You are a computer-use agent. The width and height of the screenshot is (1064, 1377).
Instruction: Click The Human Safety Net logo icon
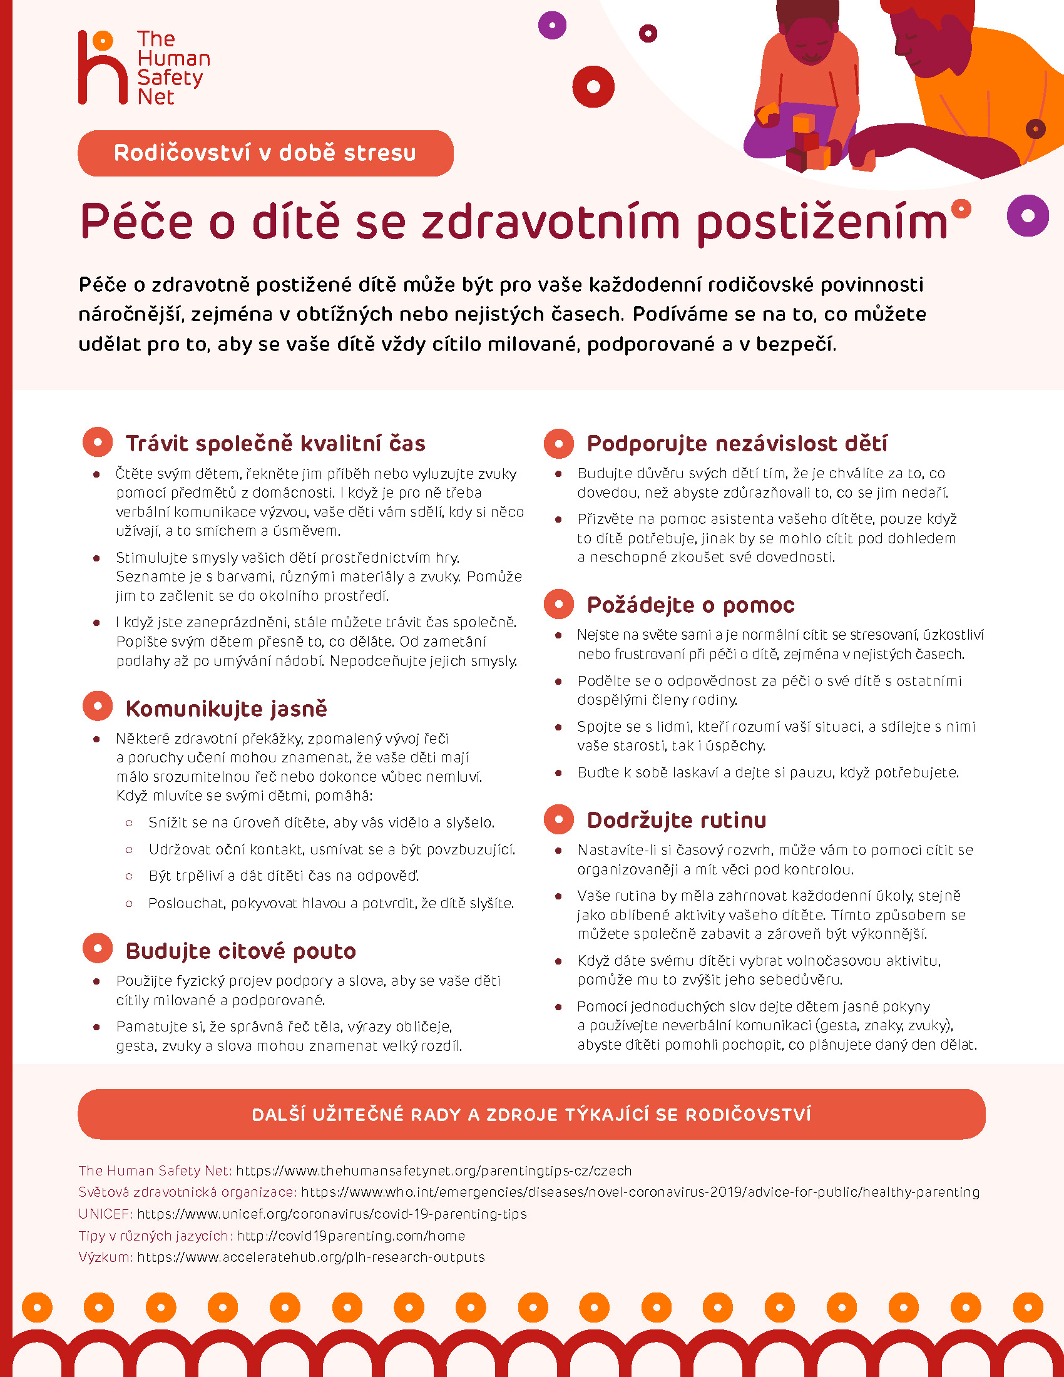[102, 68]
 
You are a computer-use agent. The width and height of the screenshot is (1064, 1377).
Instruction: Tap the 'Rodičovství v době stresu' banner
[265, 153]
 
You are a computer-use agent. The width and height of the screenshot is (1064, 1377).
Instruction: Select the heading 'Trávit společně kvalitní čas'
[275, 443]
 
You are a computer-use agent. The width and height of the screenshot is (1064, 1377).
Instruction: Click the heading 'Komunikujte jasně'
[227, 708]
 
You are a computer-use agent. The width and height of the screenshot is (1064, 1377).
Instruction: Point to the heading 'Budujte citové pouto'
[241, 950]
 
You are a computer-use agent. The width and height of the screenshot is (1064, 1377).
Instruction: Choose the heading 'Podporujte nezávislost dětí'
[737, 443]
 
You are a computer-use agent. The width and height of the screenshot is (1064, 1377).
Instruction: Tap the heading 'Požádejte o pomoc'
[690, 605]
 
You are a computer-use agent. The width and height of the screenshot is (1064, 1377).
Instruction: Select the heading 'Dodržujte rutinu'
[677, 820]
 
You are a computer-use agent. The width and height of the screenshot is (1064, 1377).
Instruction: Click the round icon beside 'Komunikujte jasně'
[98, 706]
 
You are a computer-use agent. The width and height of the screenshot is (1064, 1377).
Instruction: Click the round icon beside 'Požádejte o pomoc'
[558, 604]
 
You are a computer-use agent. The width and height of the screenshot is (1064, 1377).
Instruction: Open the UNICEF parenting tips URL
[332, 1214]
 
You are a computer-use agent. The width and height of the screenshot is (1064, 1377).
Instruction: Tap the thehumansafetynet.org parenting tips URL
[434, 1171]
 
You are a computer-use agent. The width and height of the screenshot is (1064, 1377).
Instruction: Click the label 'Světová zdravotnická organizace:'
[187, 1192]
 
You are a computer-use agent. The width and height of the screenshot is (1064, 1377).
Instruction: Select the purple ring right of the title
[1028, 216]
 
